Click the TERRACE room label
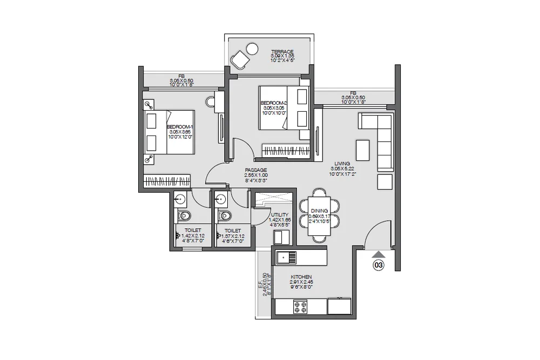tap(282, 51)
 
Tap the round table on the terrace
tap(252, 50)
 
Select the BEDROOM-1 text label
tap(180, 126)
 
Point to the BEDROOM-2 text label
tap(273, 103)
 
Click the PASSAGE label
tap(255, 169)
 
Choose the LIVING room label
tap(342, 163)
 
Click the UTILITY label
tap(280, 214)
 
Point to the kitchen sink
tap(286, 258)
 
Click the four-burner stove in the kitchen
tap(299, 307)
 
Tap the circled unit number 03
tap(379, 265)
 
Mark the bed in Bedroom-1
tap(167, 132)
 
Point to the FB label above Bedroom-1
tap(182, 76)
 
